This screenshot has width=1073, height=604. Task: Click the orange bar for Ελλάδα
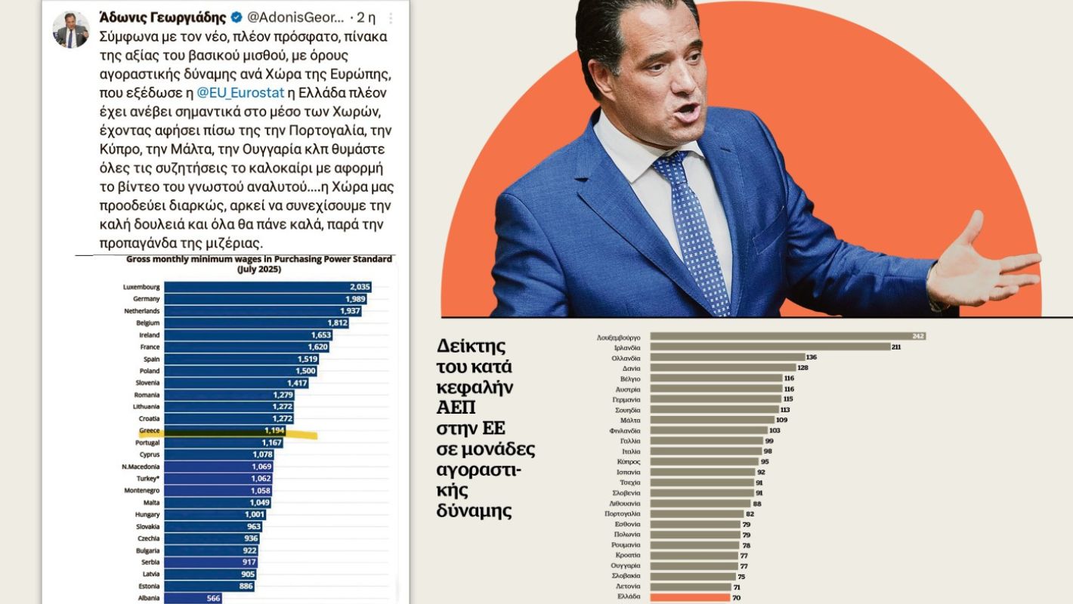point(691,596)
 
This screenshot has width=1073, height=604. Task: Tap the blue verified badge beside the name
point(237,17)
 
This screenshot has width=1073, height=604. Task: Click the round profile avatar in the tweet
point(71,30)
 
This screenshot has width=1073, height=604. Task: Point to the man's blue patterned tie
point(691,226)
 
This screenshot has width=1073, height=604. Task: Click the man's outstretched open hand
point(982,264)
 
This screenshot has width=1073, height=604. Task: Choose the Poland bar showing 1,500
point(240,371)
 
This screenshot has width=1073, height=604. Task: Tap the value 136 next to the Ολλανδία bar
point(812,357)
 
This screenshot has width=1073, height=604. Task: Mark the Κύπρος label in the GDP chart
point(629,461)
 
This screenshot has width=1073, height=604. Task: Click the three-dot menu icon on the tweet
point(390,17)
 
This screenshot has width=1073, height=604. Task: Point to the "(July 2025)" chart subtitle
point(258,270)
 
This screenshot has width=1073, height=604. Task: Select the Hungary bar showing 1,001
point(215,514)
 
